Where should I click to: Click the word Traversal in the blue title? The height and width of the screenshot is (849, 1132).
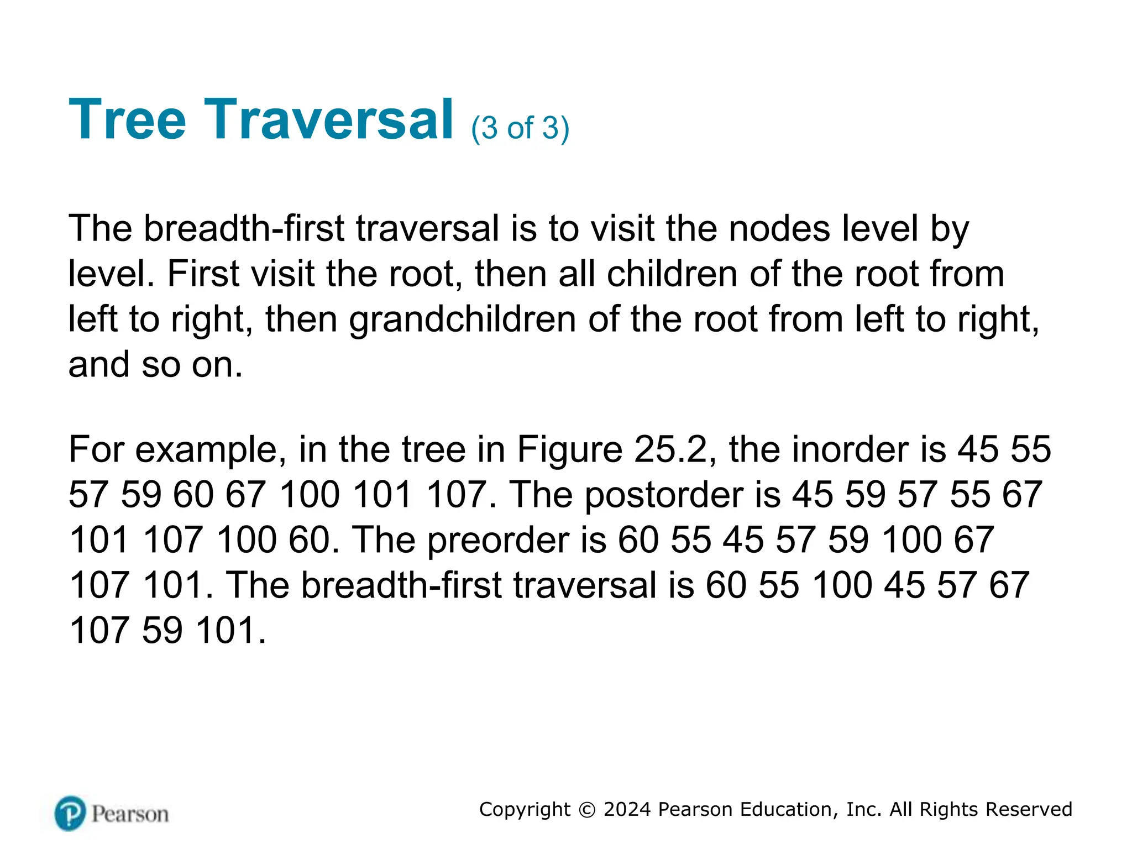(329, 119)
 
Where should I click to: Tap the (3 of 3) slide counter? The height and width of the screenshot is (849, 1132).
(520, 128)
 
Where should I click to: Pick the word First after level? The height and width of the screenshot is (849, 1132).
(203, 274)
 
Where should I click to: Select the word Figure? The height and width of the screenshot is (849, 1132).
(569, 450)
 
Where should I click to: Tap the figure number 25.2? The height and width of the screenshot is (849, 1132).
(670, 450)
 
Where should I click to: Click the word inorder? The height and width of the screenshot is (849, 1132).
(851, 450)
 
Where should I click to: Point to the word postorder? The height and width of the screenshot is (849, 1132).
(663, 495)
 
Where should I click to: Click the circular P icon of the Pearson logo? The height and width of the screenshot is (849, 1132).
(70, 813)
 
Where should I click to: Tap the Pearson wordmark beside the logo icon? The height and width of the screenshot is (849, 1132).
(130, 814)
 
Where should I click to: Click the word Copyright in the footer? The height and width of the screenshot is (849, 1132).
(525, 809)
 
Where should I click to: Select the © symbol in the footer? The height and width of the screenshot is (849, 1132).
(586, 810)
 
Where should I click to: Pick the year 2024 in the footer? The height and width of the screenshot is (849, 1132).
(627, 809)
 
